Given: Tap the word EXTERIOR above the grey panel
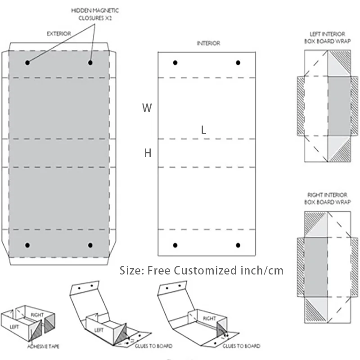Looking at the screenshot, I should pos(58,33).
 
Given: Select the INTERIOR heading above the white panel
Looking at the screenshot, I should pos(208,44).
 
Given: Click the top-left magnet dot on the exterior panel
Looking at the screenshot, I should pos(27,63).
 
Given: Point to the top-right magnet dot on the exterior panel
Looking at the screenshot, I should pos(90,63).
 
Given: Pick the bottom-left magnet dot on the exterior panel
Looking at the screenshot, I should pos(27,245).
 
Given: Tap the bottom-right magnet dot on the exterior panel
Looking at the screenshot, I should pos(90,245).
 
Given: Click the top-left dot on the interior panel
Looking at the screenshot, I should pos(175,63).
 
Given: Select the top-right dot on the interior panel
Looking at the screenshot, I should pos(238,63).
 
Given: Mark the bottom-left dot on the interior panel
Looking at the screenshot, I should pos(175,245).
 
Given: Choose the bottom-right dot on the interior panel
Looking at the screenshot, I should pos(238,245).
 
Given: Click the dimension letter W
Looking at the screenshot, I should pos(147,108).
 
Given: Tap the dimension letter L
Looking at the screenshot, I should pos(204,130).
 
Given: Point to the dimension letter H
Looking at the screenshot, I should pos(148,153).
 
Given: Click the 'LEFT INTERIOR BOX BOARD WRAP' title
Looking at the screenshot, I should pos(328,37).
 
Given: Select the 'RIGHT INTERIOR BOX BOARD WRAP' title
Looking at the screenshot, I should pos(328,198).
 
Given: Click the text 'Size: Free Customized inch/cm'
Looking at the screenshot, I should pos(202,270).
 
